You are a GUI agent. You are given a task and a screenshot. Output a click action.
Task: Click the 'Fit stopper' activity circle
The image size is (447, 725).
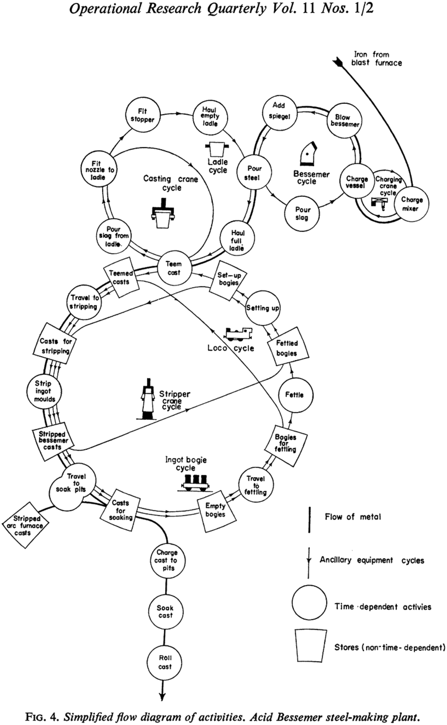click(x=142, y=116)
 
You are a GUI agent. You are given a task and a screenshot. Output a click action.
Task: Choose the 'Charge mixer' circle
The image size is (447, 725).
click(x=411, y=204)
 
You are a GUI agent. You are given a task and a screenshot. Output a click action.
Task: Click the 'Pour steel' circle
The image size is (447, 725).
click(x=254, y=173)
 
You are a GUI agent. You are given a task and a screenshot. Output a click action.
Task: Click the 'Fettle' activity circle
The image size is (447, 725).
click(x=295, y=395)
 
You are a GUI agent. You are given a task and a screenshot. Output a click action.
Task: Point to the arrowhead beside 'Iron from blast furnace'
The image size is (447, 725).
click(x=337, y=61)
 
